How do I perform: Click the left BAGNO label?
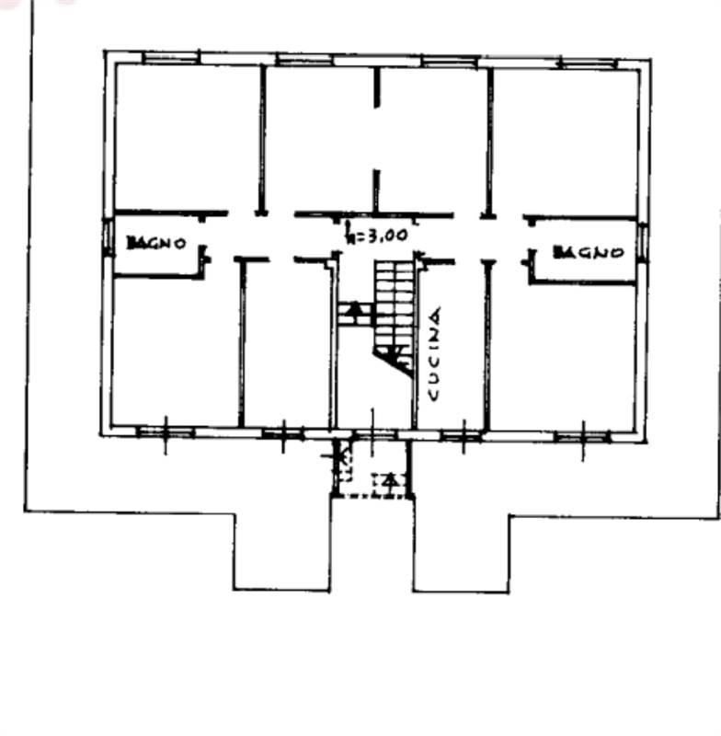(157, 244)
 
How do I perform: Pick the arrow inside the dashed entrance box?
(391, 479)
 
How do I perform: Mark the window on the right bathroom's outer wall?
(642, 241)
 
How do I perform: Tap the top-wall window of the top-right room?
(588, 63)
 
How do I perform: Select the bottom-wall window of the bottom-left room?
(166, 431)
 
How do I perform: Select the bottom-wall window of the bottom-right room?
(582, 436)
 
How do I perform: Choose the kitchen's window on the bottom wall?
(461, 434)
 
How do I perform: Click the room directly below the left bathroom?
(175, 350)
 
